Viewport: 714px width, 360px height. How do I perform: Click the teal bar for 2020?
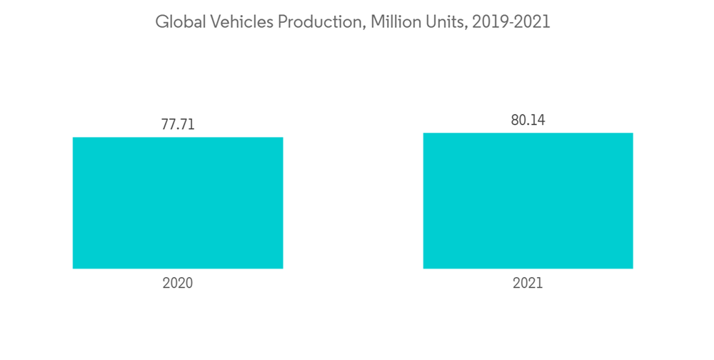tap(178, 203)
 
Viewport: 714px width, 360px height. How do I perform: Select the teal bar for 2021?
tap(528, 201)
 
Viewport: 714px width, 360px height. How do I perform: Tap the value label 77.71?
tap(178, 125)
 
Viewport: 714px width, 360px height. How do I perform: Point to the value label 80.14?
tap(528, 120)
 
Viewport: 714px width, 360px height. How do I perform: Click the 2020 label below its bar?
tap(178, 284)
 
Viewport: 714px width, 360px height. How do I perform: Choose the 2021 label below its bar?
tap(528, 284)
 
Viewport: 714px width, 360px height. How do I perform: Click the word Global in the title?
tap(178, 22)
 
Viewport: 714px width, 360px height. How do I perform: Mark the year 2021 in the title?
tap(533, 22)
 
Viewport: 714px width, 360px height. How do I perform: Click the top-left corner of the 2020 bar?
tap(74, 138)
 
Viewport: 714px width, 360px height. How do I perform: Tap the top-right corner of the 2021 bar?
tap(633, 134)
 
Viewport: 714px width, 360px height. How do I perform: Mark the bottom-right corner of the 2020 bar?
tap(283, 268)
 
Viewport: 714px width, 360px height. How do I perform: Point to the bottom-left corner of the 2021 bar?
tap(424, 268)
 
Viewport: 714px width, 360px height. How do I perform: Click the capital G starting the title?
tap(161, 22)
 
